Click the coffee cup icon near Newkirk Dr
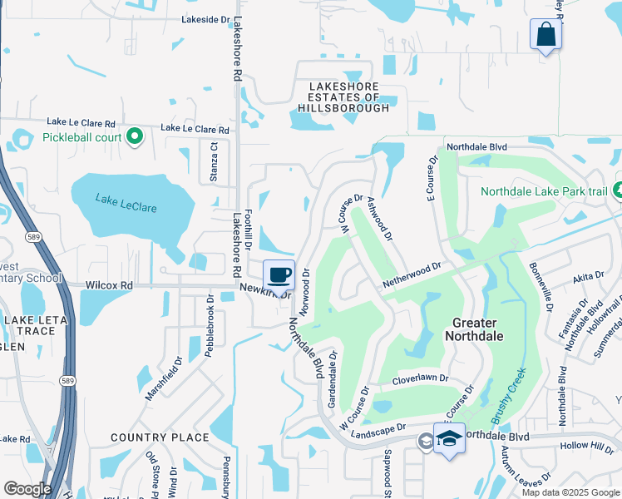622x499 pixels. tap(279, 274)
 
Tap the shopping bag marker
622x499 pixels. tap(545, 35)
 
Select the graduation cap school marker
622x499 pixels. tap(450, 438)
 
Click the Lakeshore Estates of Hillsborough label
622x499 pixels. tap(343, 97)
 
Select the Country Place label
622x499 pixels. tap(160, 437)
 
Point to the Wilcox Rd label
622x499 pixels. tap(109, 285)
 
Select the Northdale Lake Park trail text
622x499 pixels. tap(545, 191)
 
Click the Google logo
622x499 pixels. tap(27, 489)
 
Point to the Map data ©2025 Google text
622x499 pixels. tap(570, 492)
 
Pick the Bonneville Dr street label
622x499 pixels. tap(539, 287)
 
